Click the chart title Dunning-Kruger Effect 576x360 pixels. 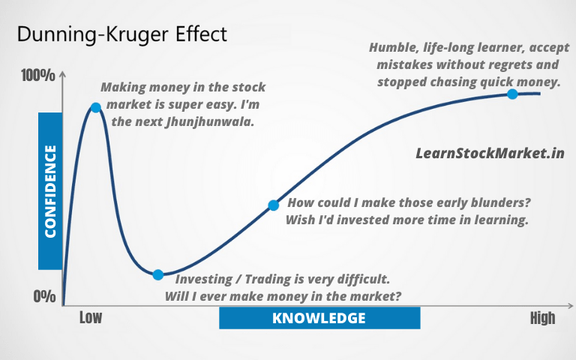(x=122, y=34)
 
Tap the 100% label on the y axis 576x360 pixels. (x=38, y=76)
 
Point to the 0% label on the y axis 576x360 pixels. (x=44, y=296)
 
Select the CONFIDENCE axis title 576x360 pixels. (x=50, y=191)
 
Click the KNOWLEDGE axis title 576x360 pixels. (x=319, y=318)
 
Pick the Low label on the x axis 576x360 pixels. (x=91, y=318)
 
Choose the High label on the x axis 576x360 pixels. (x=542, y=318)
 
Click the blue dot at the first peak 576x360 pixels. (x=96, y=108)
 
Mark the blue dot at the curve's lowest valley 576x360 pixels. (x=158, y=274)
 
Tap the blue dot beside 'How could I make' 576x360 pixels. (x=273, y=205)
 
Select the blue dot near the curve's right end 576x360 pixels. (x=512, y=94)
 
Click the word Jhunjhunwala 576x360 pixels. (x=210, y=122)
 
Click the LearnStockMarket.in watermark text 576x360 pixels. (x=490, y=153)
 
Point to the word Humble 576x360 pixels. (x=394, y=48)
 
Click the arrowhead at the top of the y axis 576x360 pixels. (x=63, y=73)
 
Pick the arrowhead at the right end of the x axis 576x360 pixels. (x=570, y=306)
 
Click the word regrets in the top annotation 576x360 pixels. (x=504, y=65)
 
